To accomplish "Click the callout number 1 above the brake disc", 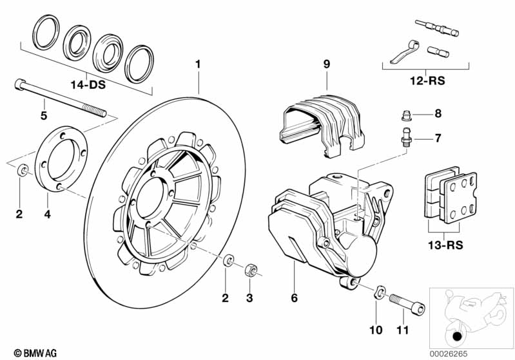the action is click(198, 64).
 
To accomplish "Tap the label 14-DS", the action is click(88, 85).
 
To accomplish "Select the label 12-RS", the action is click(427, 81).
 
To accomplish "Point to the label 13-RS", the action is click(445, 245).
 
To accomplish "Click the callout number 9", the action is click(326, 64).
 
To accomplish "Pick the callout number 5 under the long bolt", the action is click(44, 115).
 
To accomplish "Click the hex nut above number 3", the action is click(250, 270).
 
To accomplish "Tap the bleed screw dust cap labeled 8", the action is click(407, 115).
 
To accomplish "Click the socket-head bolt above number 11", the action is click(407, 303).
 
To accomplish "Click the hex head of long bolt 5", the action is click(20, 84).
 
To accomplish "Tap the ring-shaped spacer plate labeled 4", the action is click(61, 158).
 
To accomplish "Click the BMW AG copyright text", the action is click(35, 353).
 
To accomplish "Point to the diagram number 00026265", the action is click(449, 354).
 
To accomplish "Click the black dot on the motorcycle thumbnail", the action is click(457, 337).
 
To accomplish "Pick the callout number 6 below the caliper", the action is click(295, 298).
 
